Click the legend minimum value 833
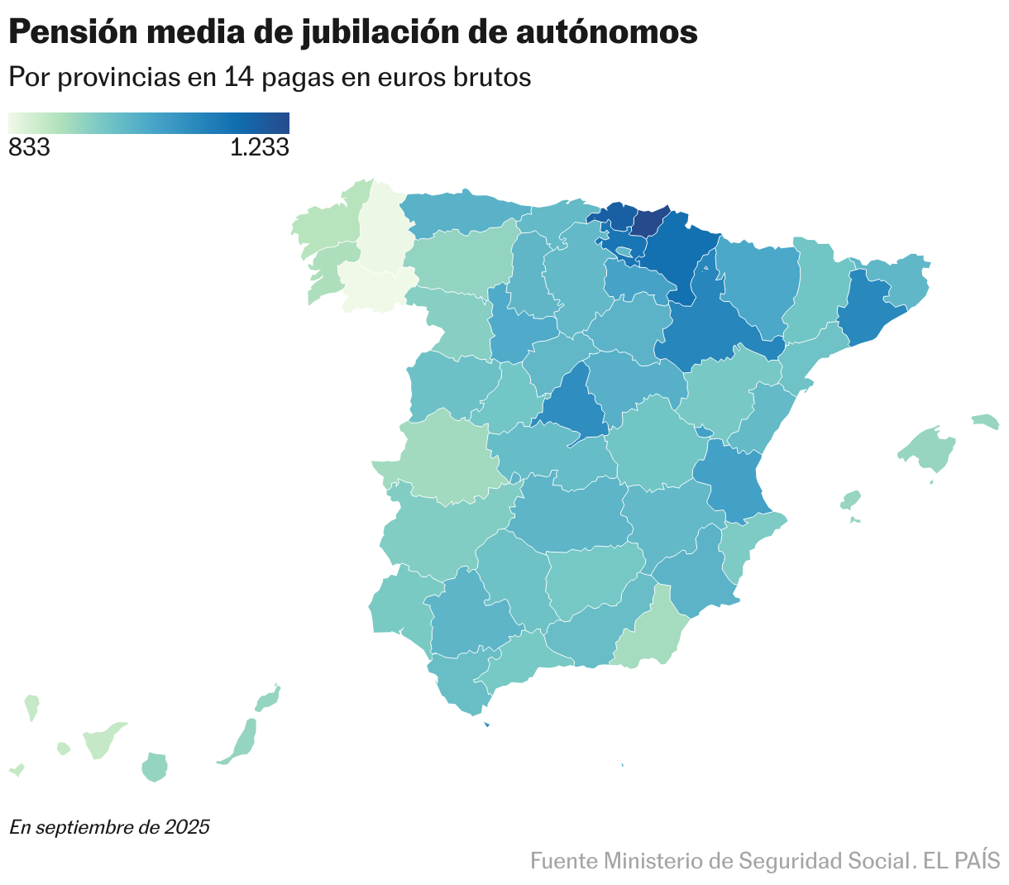click(29, 148)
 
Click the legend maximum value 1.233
click(259, 148)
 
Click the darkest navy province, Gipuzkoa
click(648, 222)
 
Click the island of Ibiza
click(850, 500)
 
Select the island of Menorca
click(985, 421)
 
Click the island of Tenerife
click(103, 739)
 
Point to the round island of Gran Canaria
click(155, 767)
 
